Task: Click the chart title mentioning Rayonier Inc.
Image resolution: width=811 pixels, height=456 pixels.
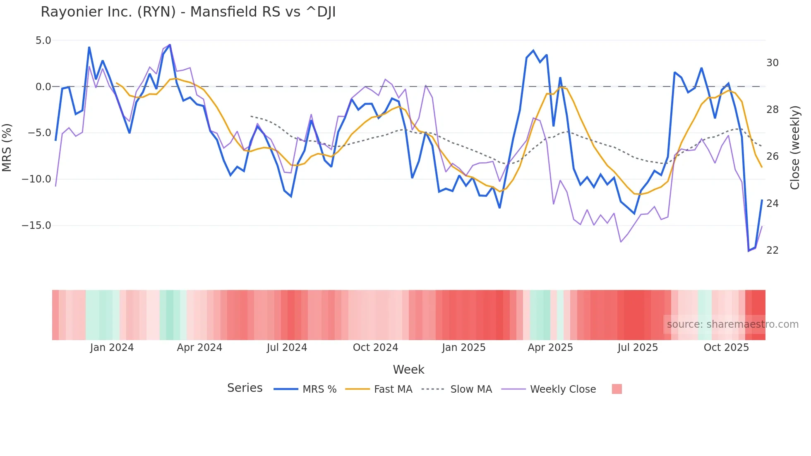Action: (188, 12)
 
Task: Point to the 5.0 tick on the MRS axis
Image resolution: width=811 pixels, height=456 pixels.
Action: (43, 41)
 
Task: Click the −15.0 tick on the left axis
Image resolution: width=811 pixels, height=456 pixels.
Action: (36, 226)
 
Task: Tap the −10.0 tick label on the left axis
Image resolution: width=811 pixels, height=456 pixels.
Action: (36, 179)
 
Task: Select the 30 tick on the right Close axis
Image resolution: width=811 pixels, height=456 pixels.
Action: (772, 63)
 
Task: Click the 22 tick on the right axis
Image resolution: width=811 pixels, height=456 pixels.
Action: (772, 250)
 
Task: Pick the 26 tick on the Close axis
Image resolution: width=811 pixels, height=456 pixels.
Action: (772, 156)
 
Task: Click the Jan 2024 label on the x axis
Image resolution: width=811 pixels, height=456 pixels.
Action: (112, 348)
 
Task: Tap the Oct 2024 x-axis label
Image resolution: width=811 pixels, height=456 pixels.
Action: (375, 348)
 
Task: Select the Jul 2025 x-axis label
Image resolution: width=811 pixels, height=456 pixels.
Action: (638, 348)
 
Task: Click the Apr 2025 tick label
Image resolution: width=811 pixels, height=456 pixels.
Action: (550, 348)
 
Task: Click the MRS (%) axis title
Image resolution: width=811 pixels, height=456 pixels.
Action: (7, 147)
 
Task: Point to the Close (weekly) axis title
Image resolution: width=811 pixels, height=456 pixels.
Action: (795, 148)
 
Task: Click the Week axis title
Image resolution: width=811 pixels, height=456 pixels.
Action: (408, 370)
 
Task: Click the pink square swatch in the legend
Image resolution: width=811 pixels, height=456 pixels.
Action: (617, 389)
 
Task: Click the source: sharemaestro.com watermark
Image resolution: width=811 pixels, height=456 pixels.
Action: (732, 324)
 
